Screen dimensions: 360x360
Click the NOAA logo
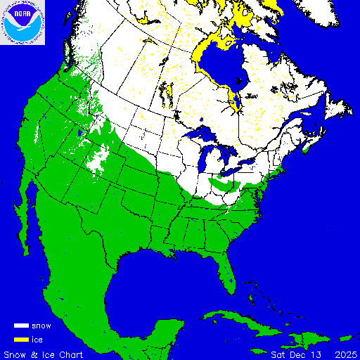pyautogui.click(x=22, y=22)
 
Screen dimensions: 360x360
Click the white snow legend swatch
pyautogui.click(x=21, y=326)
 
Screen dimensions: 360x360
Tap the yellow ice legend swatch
pyautogui.click(x=21, y=339)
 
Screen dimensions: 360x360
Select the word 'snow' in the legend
pyautogui.click(x=42, y=326)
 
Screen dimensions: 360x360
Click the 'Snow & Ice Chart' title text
pyautogui.click(x=44, y=353)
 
